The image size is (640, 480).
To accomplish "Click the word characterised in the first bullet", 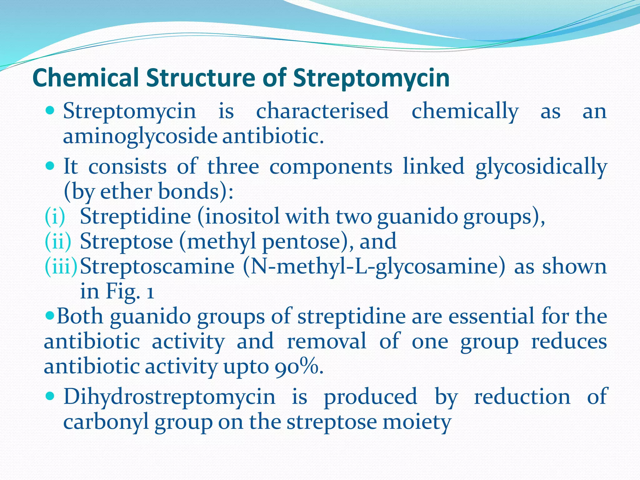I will coord(322,111).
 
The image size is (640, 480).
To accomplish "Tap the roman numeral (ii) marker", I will coord(58,241).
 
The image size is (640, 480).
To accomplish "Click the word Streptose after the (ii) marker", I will coord(127,241).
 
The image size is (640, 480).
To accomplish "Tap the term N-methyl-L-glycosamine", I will coord(374,267).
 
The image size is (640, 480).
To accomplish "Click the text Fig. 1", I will coord(130,291).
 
